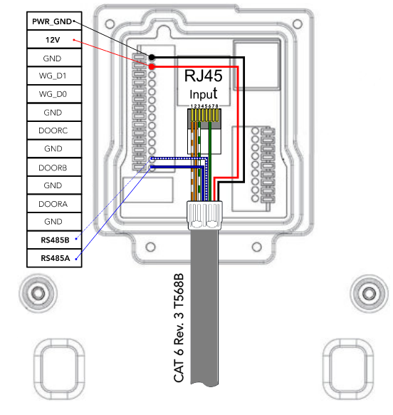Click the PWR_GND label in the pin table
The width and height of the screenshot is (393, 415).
(52, 21)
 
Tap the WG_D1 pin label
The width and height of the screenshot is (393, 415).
(53, 76)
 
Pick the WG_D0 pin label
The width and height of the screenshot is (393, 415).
(53, 94)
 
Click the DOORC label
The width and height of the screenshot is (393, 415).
(53, 130)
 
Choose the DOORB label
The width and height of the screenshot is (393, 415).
(53, 168)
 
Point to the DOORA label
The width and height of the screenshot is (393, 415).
(53, 204)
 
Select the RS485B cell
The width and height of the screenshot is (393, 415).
(55, 240)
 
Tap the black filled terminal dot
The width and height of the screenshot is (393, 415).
(152, 57)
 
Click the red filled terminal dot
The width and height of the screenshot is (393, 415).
(152, 66)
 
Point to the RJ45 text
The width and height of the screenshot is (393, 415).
(203, 76)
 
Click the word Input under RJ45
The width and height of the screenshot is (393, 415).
(203, 94)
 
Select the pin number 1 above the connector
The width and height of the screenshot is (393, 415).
(192, 106)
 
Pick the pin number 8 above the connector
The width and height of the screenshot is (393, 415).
(216, 106)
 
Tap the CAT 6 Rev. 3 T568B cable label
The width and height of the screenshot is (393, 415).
(179, 328)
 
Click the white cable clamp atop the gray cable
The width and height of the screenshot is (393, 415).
(204, 215)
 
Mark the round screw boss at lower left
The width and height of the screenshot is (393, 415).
(38, 293)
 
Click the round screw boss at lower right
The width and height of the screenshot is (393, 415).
(370, 293)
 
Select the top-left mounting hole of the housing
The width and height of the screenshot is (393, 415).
(110, 24)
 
